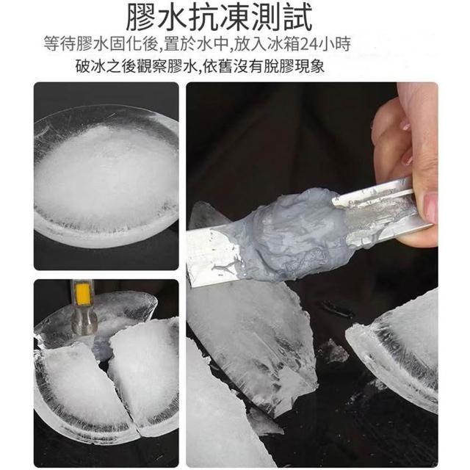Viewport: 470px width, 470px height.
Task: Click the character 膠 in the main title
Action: click(x=141, y=17)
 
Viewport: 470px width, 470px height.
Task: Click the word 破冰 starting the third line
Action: click(x=90, y=66)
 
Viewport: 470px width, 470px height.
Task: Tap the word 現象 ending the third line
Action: click(x=309, y=66)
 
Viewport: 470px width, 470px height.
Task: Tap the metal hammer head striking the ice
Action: click(x=84, y=322)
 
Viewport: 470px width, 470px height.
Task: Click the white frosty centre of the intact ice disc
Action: click(x=105, y=174)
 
